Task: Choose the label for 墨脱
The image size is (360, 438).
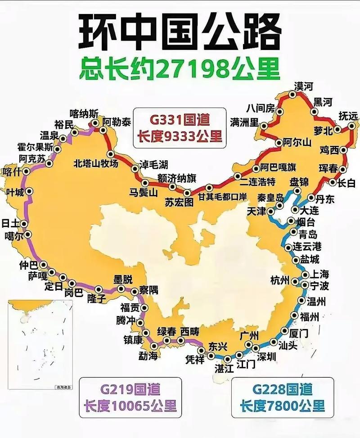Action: (x=123, y=278)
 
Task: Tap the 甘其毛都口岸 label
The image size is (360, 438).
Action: (x=224, y=197)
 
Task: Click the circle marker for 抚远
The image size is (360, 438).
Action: (x=351, y=127)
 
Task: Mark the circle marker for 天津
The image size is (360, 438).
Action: (x=271, y=211)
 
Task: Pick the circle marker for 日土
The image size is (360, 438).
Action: (x=24, y=224)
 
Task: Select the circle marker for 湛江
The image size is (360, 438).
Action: (x=227, y=359)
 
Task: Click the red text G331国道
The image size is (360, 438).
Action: (x=180, y=121)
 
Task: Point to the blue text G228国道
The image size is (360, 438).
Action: (x=282, y=389)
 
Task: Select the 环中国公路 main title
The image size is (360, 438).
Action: (x=180, y=32)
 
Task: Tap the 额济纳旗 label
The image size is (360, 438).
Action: (x=177, y=178)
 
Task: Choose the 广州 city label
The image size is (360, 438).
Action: (x=249, y=335)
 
